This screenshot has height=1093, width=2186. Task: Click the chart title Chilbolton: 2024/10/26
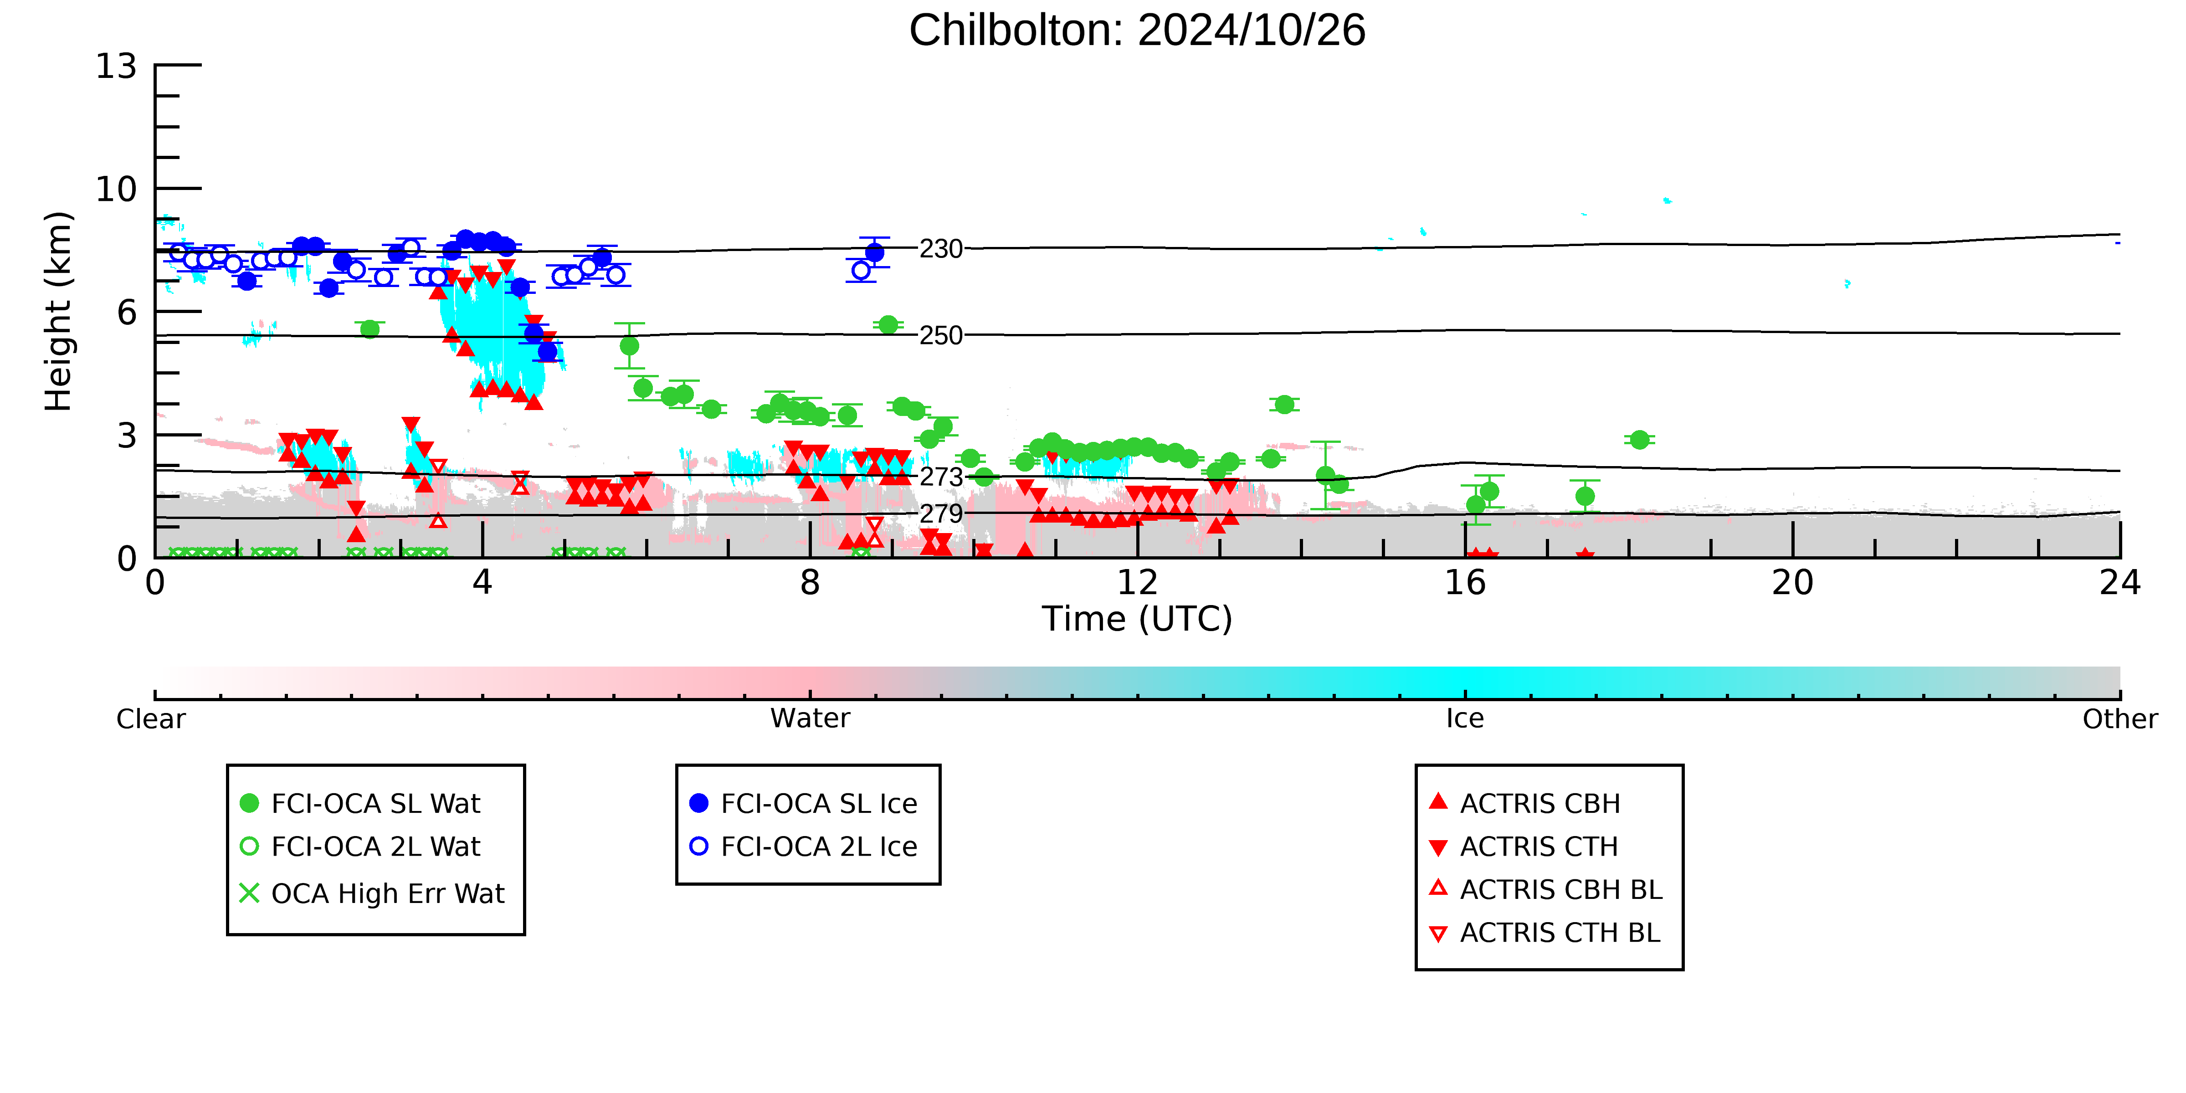[1137, 31]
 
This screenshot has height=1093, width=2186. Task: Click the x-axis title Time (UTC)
[1137, 619]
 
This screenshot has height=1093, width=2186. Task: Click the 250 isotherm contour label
[941, 335]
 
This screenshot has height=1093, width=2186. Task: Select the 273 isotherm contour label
[941, 477]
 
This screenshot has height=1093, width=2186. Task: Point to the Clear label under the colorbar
[151, 719]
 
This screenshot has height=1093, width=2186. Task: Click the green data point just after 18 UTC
[1639, 440]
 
